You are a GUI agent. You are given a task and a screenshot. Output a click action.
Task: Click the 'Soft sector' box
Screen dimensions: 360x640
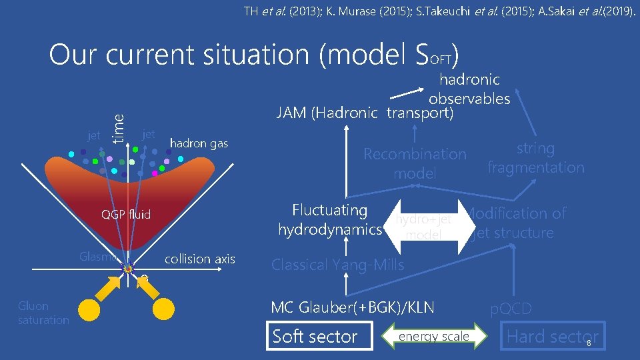click(315, 337)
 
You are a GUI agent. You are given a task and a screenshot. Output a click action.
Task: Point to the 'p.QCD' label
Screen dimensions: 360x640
click(511, 309)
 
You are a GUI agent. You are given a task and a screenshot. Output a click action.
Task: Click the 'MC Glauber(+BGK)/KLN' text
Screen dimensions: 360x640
click(352, 308)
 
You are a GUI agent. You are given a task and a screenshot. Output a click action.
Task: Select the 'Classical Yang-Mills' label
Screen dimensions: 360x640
click(337, 265)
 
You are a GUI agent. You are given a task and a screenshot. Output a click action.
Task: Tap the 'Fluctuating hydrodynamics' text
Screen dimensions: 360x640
click(329, 220)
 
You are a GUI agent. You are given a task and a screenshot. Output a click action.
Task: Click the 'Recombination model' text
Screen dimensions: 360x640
click(415, 163)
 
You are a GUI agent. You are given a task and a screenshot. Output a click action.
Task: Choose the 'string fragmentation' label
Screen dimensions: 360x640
click(535, 158)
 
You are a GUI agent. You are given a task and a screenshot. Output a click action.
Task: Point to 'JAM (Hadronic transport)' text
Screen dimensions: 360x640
click(365, 113)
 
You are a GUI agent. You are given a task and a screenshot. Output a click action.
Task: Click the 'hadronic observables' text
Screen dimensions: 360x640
click(469, 89)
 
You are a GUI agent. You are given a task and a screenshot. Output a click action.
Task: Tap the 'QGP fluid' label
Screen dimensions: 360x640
click(126, 214)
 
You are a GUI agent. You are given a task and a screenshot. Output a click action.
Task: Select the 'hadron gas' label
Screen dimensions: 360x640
click(199, 143)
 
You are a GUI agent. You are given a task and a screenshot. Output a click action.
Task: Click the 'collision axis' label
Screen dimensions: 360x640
click(199, 259)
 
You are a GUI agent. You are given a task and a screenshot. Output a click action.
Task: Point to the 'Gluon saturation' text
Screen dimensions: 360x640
click(43, 313)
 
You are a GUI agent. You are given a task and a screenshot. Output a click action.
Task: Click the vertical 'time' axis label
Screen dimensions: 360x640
click(119, 126)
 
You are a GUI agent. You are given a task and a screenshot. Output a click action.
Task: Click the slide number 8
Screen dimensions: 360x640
click(589, 343)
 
